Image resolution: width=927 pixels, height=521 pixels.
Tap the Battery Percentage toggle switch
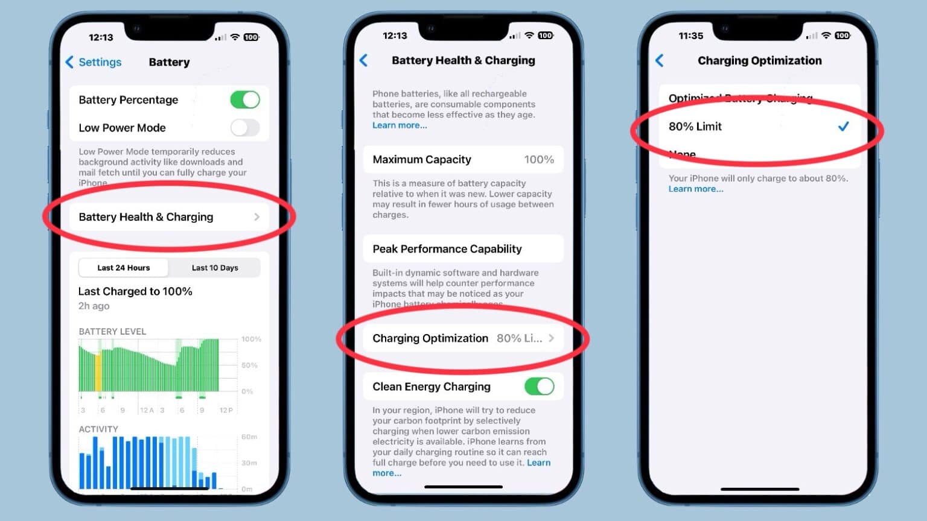tap(244, 99)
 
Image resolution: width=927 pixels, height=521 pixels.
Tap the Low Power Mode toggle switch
tap(244, 128)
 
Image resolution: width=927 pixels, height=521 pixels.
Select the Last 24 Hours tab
tap(124, 268)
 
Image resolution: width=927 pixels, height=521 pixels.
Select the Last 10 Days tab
tap(215, 268)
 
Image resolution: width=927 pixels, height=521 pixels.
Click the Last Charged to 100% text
tap(135, 291)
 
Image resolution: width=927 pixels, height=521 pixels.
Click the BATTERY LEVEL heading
tap(112, 332)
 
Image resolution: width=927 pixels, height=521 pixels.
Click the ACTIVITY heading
tap(98, 429)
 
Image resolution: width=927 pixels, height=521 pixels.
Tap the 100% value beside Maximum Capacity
tap(538, 160)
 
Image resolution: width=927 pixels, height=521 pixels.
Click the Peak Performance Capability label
tap(447, 249)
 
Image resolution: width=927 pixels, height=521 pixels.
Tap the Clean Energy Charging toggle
tap(539, 387)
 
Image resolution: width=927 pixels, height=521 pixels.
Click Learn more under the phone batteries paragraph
tap(400, 125)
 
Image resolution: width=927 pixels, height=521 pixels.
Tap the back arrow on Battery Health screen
tap(364, 60)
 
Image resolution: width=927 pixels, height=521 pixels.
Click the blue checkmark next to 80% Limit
tap(843, 126)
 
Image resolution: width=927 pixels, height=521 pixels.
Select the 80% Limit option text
tap(695, 127)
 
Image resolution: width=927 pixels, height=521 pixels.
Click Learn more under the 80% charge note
tap(695, 189)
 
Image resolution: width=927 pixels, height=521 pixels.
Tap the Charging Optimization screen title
tap(759, 60)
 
